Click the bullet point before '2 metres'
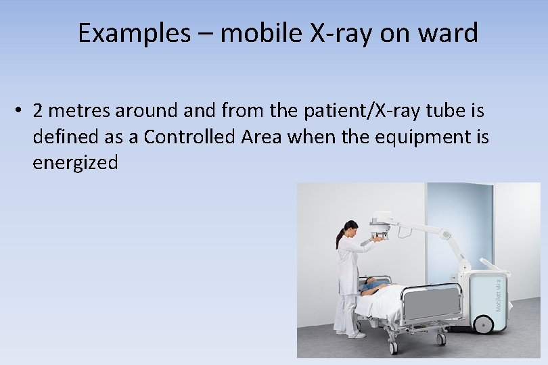click(x=23, y=110)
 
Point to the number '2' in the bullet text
click(x=37, y=110)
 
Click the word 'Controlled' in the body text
click(x=193, y=137)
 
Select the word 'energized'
click(x=75, y=163)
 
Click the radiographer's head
click(x=350, y=228)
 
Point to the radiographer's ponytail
click(x=340, y=237)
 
